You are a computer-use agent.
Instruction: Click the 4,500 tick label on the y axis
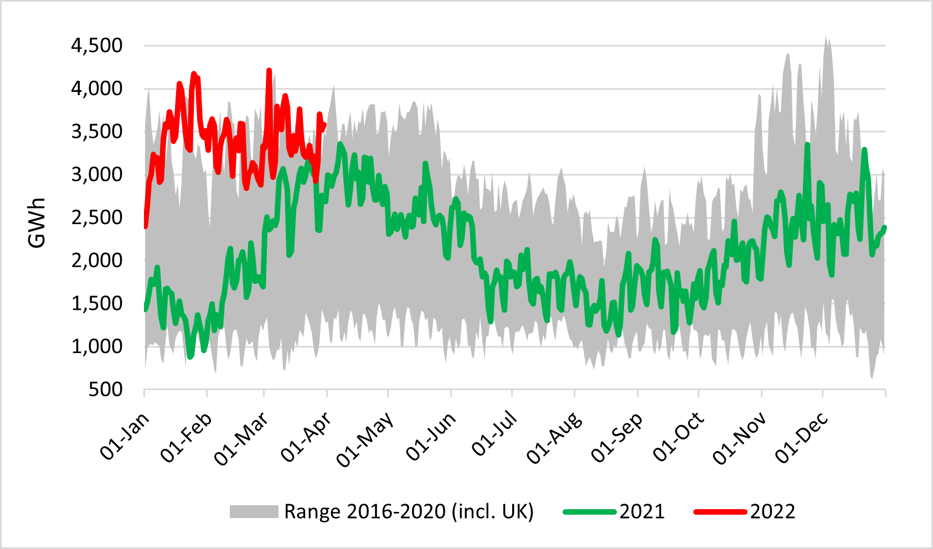pos(96,45)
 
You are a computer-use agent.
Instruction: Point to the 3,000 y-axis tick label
pos(96,174)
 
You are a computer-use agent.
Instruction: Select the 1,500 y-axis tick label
pos(96,303)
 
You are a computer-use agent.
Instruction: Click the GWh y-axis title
pos(37,222)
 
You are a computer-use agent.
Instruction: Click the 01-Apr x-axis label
pos(306,437)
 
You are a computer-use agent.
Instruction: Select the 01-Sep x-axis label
pos(617,437)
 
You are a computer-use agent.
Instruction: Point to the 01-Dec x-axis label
pos(801,437)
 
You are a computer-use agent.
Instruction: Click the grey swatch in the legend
pos(254,511)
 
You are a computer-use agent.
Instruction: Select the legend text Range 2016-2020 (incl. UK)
pos(409,511)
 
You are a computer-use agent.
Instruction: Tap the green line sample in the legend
pos(589,511)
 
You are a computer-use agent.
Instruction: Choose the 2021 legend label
pos(642,511)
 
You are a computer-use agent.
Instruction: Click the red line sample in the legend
pos(720,511)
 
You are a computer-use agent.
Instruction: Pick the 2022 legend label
pos(772,511)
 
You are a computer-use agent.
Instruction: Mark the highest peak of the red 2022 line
pos(269,71)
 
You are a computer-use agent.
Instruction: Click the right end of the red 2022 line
pos(324,125)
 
